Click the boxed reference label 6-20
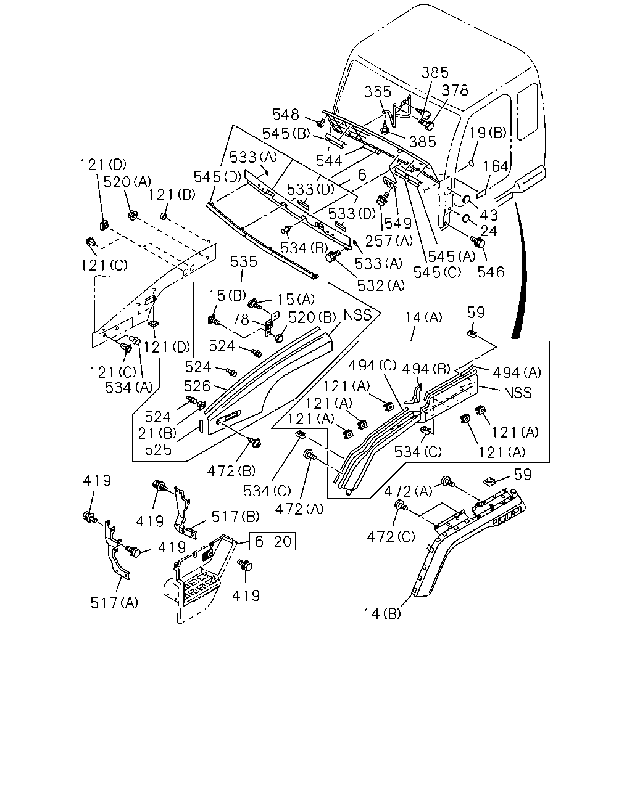pyautogui.click(x=272, y=541)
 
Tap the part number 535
pyautogui.click(x=243, y=262)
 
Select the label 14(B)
pyautogui.click(x=382, y=614)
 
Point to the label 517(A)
pyautogui.click(x=114, y=603)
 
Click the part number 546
pyautogui.click(x=491, y=272)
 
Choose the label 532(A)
pyautogui.click(x=381, y=285)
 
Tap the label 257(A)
pyautogui.click(x=389, y=241)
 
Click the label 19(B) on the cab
pyautogui.click(x=488, y=133)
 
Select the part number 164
pyautogui.click(x=496, y=166)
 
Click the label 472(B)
pyautogui.click(x=231, y=471)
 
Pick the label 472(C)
pyautogui.click(x=391, y=537)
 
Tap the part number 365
pyautogui.click(x=378, y=91)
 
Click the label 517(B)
pyautogui.click(x=235, y=517)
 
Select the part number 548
pyautogui.click(x=286, y=115)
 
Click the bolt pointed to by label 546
pyautogui.click(x=478, y=242)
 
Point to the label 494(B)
pyautogui.click(x=426, y=369)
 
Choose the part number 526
pyautogui.click(x=197, y=386)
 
